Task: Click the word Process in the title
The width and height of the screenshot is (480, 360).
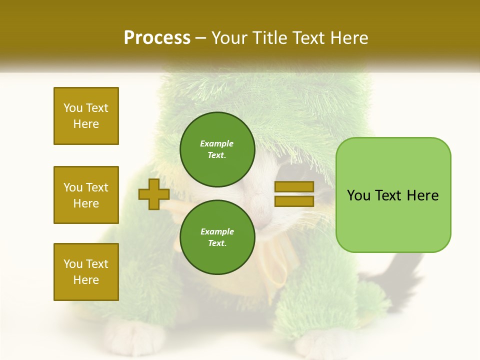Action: pyautogui.click(x=157, y=38)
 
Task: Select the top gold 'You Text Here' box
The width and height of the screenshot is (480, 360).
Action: pyautogui.click(x=86, y=116)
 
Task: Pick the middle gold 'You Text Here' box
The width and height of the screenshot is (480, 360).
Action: pyautogui.click(x=86, y=195)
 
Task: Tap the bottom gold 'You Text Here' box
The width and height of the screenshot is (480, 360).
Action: pyautogui.click(x=86, y=272)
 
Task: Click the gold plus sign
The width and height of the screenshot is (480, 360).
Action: pyautogui.click(x=154, y=194)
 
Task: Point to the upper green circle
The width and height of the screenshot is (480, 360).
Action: pyautogui.click(x=217, y=149)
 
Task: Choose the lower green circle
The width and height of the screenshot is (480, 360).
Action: pyautogui.click(x=217, y=237)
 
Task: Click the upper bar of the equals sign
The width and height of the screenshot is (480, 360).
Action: pyautogui.click(x=294, y=186)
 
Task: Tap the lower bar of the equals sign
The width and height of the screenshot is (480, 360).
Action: pyautogui.click(x=294, y=201)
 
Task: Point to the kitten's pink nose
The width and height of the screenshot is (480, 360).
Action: pyautogui.click(x=259, y=202)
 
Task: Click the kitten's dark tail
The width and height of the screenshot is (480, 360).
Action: pyautogui.click(x=400, y=270)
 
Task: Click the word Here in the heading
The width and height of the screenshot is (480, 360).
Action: pyautogui.click(x=349, y=38)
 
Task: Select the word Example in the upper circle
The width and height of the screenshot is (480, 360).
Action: pyautogui.click(x=217, y=143)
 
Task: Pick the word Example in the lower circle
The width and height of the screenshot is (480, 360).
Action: pyautogui.click(x=217, y=231)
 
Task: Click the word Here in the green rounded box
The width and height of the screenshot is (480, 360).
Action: pyautogui.click(x=423, y=195)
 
